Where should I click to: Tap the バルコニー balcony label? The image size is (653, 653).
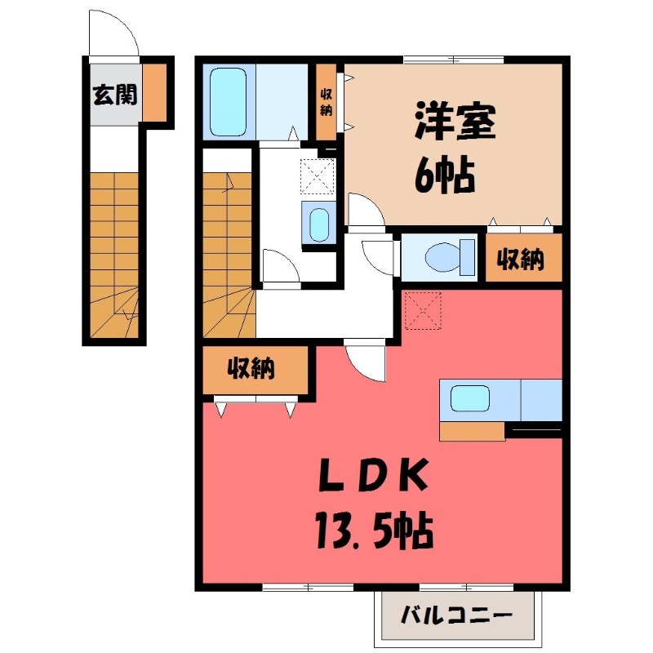click(x=458, y=615)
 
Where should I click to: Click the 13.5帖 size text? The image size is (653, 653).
click(x=371, y=532)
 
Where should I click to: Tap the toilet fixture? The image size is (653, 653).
click(x=449, y=256)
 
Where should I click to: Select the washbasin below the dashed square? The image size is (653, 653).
click(x=318, y=222)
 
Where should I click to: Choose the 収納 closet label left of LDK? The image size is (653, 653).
click(x=251, y=369)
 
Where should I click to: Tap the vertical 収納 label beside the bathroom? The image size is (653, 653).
click(x=326, y=100)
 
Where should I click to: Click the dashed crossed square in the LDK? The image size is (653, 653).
click(x=422, y=310)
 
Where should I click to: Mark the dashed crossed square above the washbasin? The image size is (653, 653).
click(x=317, y=174)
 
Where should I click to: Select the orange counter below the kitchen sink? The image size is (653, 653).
click(x=472, y=431)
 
